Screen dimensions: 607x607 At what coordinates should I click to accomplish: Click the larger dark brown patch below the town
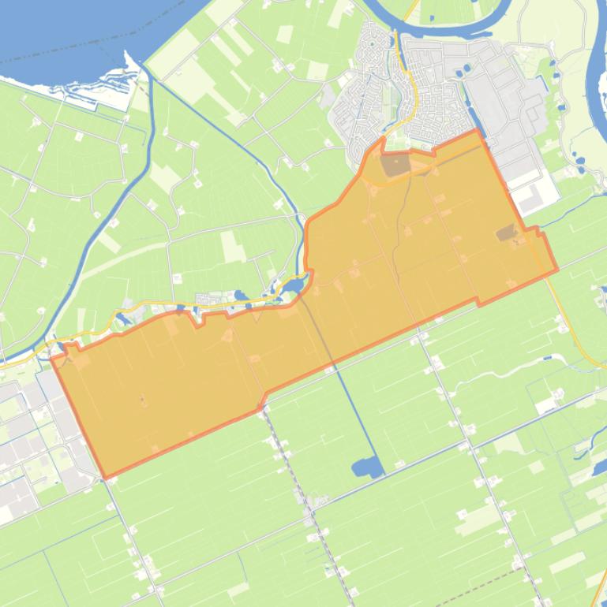(x=395, y=165)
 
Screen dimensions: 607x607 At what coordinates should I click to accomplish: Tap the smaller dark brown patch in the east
(x=506, y=233)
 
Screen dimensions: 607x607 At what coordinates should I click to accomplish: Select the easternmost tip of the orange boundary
(x=557, y=270)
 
